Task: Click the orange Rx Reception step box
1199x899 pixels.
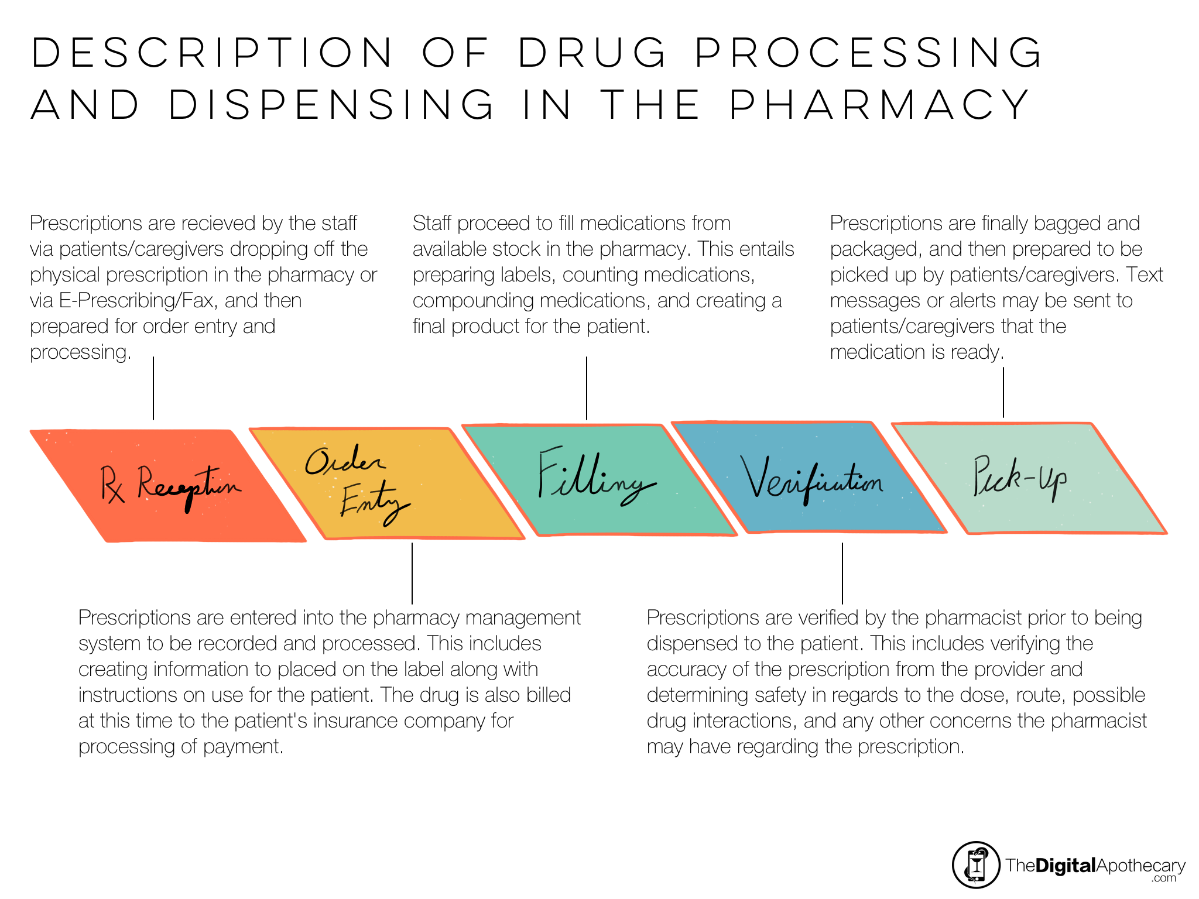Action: click(168, 486)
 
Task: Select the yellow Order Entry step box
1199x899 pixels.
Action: click(387, 483)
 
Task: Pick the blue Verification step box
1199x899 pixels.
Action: click(810, 477)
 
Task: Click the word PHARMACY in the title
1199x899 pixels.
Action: click(881, 105)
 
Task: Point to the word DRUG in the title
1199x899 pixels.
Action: click(592, 53)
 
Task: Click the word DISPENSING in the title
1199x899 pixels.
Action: click(331, 105)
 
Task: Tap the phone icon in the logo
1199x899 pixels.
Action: click(976, 864)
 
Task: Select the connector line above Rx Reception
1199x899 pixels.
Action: click(153, 388)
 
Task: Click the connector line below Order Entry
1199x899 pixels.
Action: click(412, 573)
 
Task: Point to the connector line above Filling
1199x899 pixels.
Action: click(587, 388)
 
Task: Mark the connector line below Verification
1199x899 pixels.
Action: click(842, 573)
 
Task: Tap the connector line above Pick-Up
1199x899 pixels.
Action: click(1003, 392)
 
